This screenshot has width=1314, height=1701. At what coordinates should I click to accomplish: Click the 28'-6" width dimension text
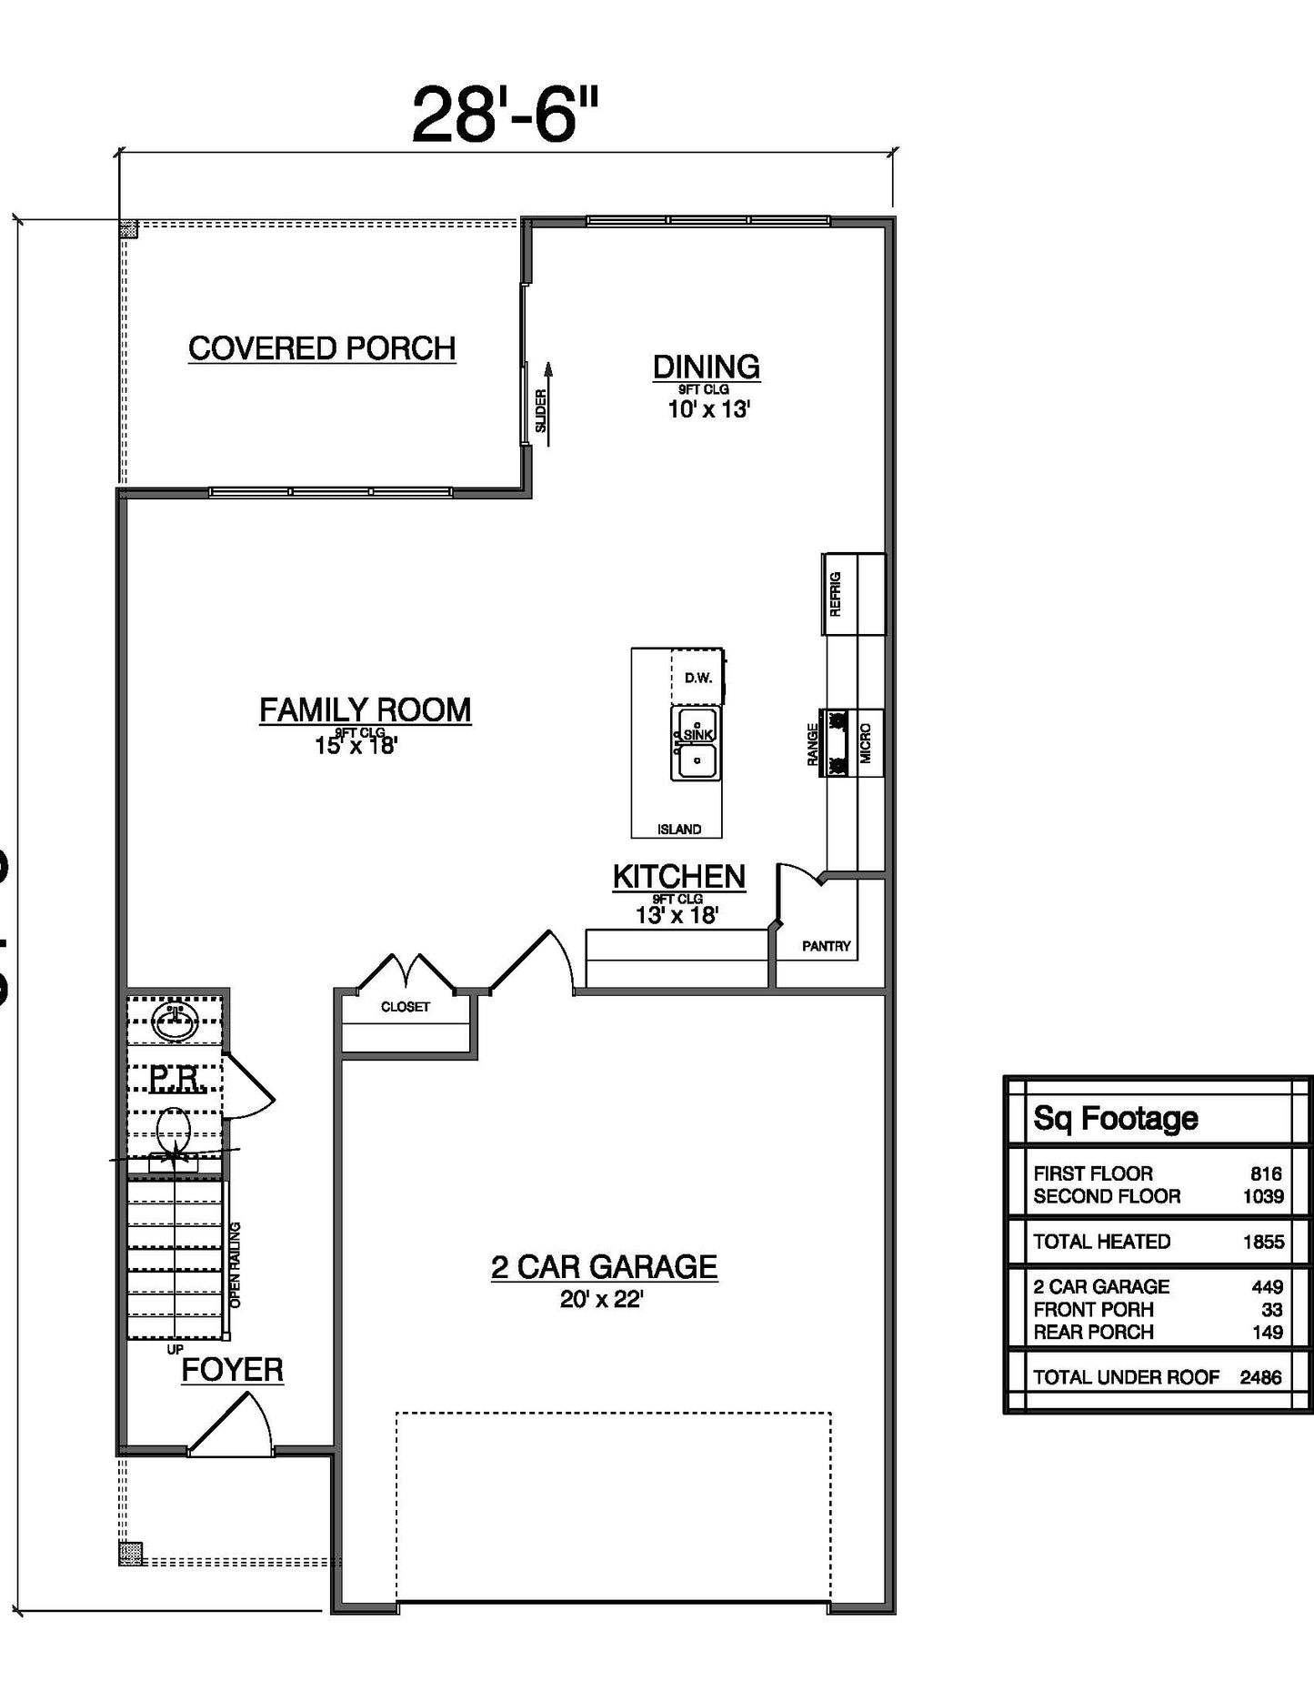pyautogui.click(x=506, y=116)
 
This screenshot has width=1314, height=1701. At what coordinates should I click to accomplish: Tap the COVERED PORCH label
pyautogui.click(x=322, y=348)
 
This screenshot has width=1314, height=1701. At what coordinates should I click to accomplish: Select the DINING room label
pyautogui.click(x=707, y=367)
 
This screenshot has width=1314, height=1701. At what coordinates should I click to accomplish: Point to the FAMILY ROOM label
pyautogui.click(x=366, y=710)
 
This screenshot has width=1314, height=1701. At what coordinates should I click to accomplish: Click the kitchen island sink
pyautogui.click(x=697, y=744)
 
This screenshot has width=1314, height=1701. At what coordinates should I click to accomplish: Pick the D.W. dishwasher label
pyautogui.click(x=697, y=678)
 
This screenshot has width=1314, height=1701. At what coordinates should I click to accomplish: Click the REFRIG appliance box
pyautogui.click(x=853, y=594)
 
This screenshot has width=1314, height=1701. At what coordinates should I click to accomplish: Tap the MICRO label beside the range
pyautogui.click(x=866, y=743)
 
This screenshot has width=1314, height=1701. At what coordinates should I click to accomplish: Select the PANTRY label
pyautogui.click(x=826, y=946)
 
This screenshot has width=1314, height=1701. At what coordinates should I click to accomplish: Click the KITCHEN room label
pyautogui.click(x=678, y=876)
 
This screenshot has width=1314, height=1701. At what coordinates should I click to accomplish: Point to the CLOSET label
pyautogui.click(x=406, y=1007)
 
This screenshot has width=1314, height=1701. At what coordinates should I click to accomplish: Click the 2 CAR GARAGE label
pyautogui.click(x=604, y=1266)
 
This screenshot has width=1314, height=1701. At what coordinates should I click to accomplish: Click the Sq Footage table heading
pyautogui.click(x=1116, y=1118)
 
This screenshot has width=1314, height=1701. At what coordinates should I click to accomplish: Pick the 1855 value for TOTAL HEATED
pyautogui.click(x=1263, y=1242)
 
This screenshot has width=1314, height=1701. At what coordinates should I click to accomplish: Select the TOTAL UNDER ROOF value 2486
pyautogui.click(x=1260, y=1377)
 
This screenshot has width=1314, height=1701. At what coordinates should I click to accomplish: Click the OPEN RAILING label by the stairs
pyautogui.click(x=236, y=1264)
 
